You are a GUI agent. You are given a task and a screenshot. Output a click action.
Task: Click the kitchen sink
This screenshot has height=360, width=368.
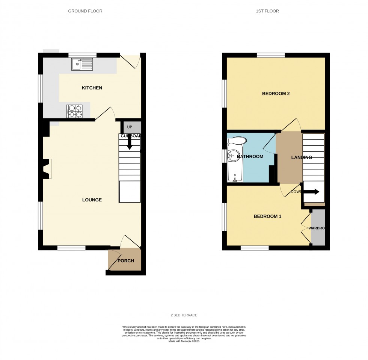coord(82,64)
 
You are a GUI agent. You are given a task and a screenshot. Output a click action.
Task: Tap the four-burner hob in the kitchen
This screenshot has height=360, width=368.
coord(74,111)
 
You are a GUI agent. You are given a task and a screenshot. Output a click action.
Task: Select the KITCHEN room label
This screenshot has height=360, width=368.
coord(92,88)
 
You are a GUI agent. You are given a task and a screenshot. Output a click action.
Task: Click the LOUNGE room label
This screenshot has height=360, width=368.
coord(92,200)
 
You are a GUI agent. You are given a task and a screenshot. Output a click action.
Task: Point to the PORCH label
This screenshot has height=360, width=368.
coord(125,261)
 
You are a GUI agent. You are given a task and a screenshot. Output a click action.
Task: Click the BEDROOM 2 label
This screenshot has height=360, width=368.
coord(276,94)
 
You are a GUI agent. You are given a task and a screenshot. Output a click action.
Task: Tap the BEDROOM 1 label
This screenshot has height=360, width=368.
coord(267,216)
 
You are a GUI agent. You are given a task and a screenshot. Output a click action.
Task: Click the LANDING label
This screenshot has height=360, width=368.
coord(302,157)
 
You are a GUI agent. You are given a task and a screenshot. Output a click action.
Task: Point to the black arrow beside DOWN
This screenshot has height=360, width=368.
coord(311,192)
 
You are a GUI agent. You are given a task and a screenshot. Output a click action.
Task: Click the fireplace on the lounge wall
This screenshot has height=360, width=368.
coord(47,169)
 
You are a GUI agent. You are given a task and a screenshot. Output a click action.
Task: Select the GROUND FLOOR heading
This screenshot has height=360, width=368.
coord(85,11)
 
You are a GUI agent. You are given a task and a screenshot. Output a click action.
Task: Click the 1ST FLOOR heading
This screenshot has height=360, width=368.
coord(267,11)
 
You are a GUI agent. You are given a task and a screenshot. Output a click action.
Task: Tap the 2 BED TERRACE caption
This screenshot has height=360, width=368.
coord(184,315)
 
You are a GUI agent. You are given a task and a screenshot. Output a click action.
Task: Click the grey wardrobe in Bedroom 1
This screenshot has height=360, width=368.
coord(318,228)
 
